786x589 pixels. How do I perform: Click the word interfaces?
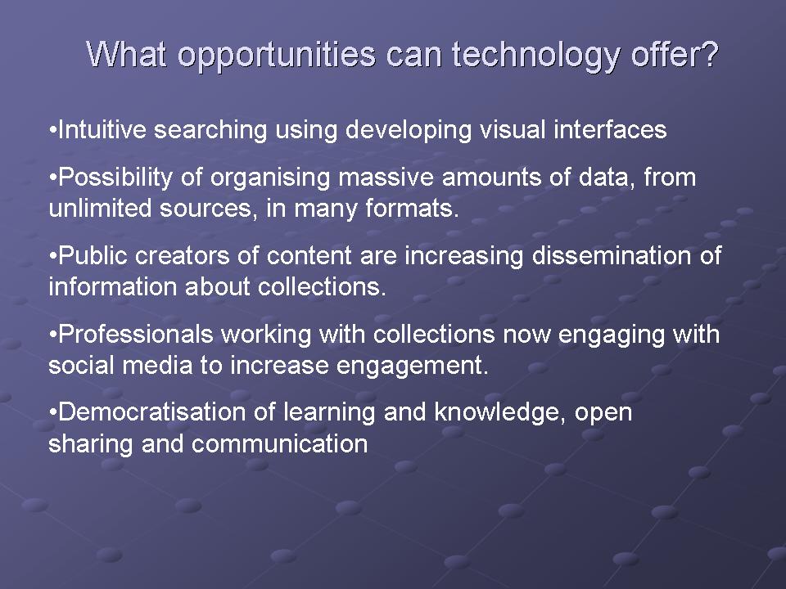coord(610,130)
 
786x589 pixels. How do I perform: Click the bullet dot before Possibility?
coord(53,178)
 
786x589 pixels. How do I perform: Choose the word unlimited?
coord(100,209)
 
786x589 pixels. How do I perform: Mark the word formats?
coord(412,209)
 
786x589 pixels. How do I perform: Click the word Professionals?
coord(136,334)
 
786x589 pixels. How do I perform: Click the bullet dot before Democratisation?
coord(53,413)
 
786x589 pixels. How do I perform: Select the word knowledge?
coord(499,413)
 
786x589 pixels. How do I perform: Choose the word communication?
coord(280,444)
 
